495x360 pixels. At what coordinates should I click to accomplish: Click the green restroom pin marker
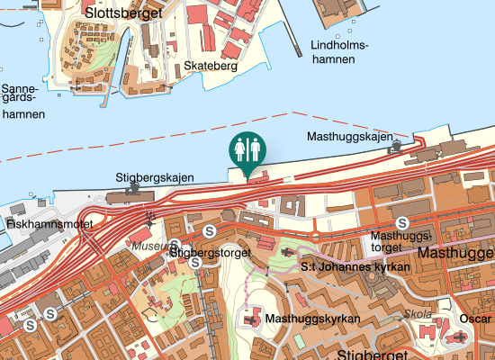click(247, 151)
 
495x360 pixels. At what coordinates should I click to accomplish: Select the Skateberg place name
click(210, 66)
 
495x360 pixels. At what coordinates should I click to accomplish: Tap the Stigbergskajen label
click(155, 177)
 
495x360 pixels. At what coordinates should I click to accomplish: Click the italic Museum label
click(148, 245)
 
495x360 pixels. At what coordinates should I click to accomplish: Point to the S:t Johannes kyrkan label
click(355, 266)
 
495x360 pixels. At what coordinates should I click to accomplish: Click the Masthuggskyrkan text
click(312, 319)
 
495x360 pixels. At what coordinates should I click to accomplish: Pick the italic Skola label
click(418, 314)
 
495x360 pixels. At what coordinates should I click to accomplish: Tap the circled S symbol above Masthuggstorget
click(402, 222)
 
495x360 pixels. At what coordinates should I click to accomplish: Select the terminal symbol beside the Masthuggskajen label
click(396, 145)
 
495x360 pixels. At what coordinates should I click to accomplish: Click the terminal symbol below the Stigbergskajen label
click(133, 189)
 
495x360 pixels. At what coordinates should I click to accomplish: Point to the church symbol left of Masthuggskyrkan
click(251, 319)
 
